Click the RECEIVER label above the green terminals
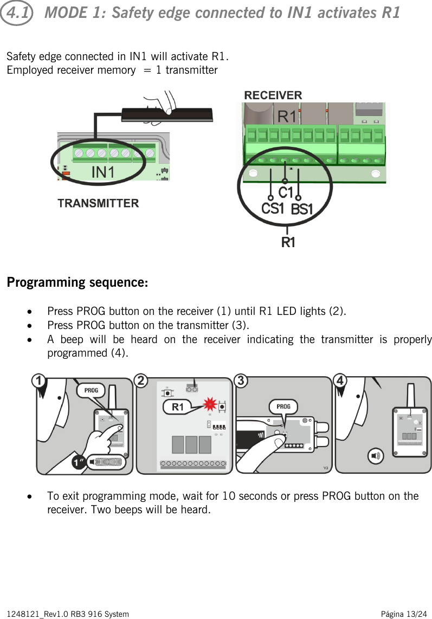click(273, 95)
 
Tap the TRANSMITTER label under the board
click(98, 203)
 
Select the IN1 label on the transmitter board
click(103, 172)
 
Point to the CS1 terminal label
click(273, 208)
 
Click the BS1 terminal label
click(302, 209)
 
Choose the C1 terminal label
click(286, 192)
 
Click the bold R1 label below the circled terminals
click(288, 243)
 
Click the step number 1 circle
click(38, 382)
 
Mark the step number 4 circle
click(340, 381)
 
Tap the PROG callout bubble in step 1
click(91, 390)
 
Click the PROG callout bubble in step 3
click(283, 406)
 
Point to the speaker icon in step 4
click(375, 456)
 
